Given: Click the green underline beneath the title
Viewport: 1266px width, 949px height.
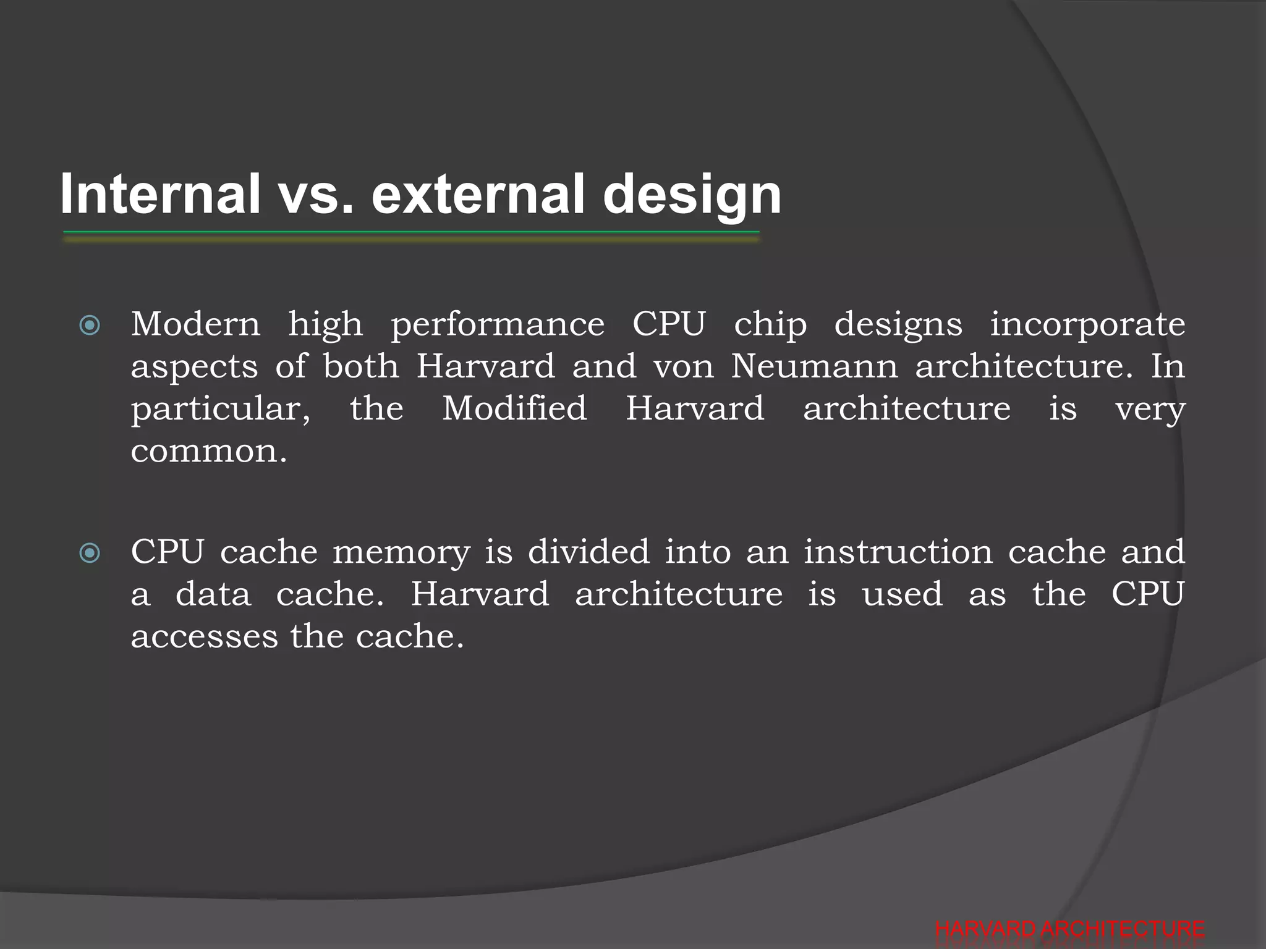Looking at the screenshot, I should pos(410,233).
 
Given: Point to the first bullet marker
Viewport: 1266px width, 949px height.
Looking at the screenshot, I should pos(90,326).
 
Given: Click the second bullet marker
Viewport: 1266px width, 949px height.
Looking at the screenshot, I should pos(90,553).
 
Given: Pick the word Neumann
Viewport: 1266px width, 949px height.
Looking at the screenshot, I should pos(814,366).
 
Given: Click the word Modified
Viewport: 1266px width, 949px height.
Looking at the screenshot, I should pos(514,408).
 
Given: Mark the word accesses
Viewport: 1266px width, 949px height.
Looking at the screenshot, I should pos(205,637).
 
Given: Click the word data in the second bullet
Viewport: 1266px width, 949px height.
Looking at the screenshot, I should pos(213,594).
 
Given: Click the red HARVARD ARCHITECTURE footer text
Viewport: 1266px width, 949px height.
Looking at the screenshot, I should pos(1069,930).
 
